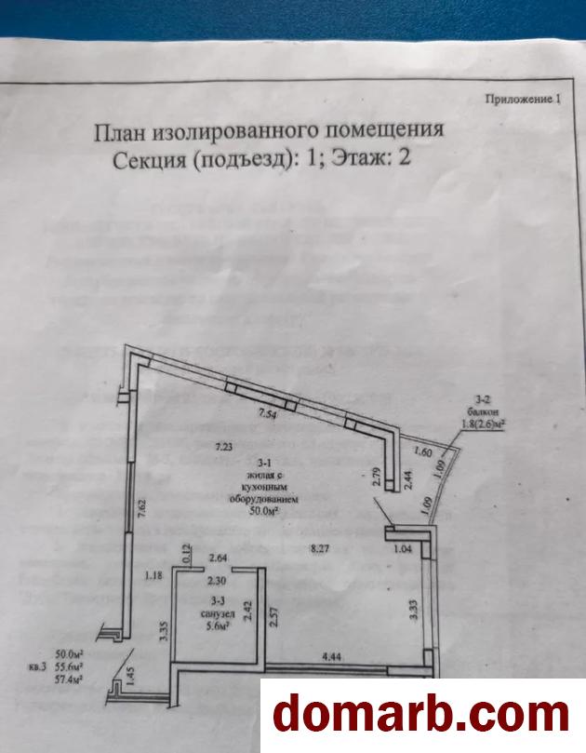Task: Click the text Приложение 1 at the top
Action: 523,97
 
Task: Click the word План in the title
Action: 124,131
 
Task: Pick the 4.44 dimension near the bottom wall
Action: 334,656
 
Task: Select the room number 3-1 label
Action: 240,462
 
